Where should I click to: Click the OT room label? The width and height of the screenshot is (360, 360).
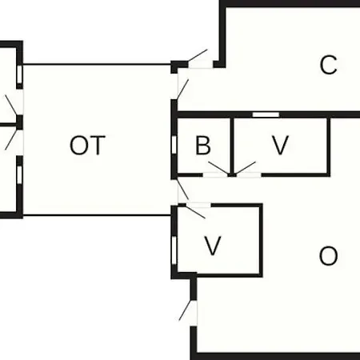[87, 146]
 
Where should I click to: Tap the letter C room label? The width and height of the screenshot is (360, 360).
[328, 65]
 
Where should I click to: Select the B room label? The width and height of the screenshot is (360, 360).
[203, 146]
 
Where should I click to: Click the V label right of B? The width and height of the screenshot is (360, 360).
[280, 146]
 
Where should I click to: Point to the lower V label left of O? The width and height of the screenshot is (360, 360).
[213, 246]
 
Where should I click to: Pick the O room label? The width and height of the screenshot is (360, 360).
[328, 256]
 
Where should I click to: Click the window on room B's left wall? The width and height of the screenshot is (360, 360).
[174, 145]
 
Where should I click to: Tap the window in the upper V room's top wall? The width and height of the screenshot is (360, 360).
[266, 114]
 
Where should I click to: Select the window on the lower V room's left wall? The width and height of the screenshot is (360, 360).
[174, 250]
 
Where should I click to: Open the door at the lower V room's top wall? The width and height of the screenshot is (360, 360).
[198, 210]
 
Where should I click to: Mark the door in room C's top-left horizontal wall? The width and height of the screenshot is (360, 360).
[200, 58]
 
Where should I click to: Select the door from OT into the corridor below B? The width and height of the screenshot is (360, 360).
[183, 190]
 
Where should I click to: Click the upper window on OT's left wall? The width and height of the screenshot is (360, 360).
[19, 75]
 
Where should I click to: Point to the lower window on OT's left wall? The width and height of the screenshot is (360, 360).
[19, 175]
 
